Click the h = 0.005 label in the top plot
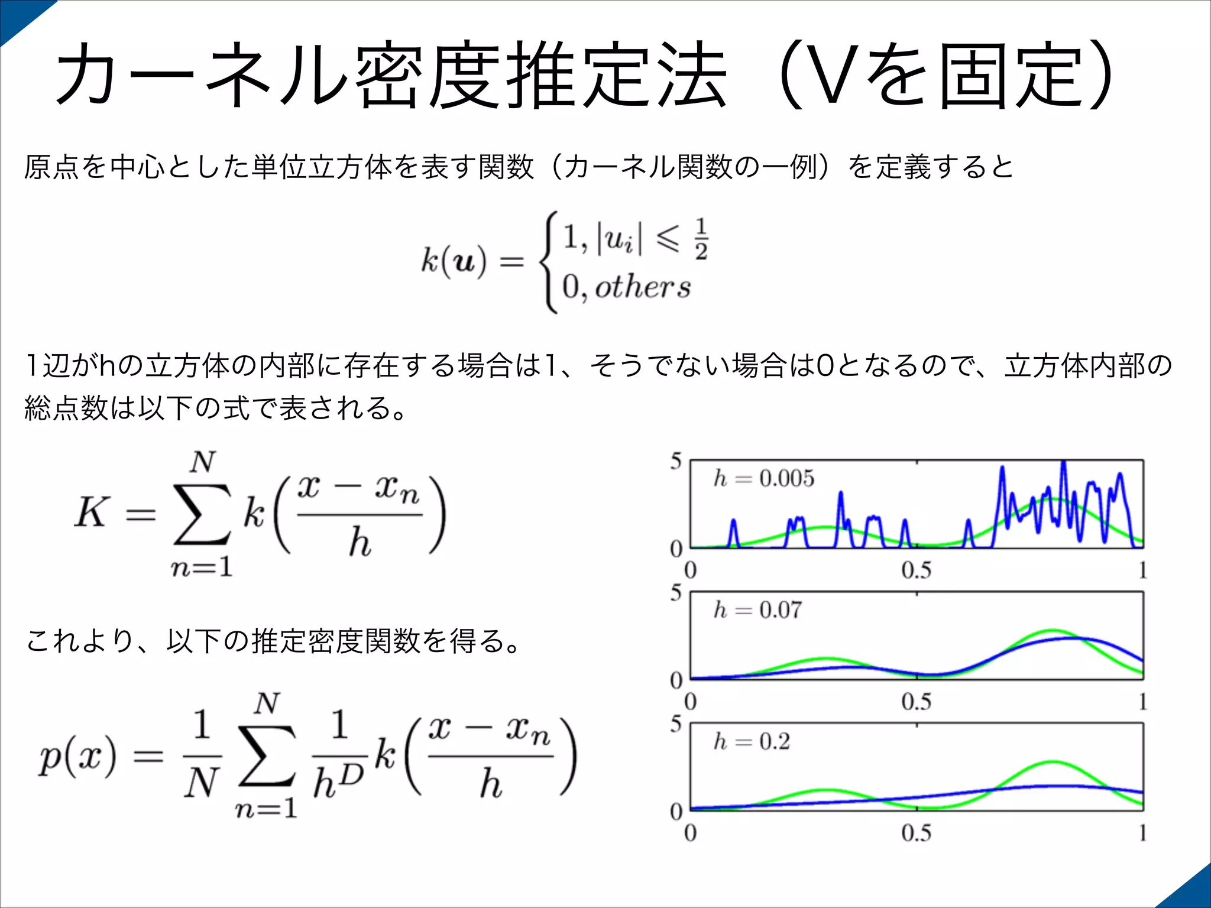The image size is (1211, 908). (764, 478)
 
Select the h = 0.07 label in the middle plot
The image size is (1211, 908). (758, 609)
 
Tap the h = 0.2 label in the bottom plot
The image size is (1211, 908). (752, 741)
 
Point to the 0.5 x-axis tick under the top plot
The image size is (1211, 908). (916, 570)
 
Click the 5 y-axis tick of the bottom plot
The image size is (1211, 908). (676, 724)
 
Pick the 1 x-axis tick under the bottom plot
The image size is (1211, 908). (1142, 834)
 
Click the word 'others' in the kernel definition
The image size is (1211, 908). (642, 288)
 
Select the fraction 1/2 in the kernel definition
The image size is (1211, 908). (701, 239)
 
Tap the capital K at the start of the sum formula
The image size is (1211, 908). (92, 512)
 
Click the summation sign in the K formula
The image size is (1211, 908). (202, 513)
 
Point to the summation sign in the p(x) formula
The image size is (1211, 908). (267, 755)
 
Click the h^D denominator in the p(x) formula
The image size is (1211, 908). (337, 781)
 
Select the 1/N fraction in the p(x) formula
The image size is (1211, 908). (202, 755)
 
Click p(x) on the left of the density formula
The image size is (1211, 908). (77, 757)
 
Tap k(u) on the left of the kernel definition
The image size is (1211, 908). (454, 260)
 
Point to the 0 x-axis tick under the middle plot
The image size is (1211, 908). (690, 702)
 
